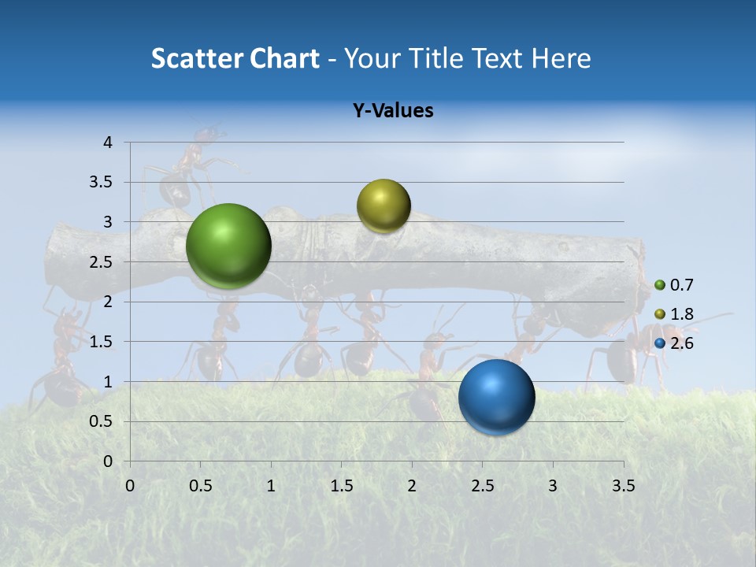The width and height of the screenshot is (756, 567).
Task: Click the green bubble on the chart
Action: pyautogui.click(x=228, y=246)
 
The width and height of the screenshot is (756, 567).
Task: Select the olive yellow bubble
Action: pyautogui.click(x=384, y=206)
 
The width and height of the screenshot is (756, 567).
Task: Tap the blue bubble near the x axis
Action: pyautogui.click(x=496, y=397)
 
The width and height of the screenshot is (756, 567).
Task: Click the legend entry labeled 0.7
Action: pyautogui.click(x=673, y=285)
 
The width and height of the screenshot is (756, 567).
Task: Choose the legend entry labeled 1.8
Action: pyautogui.click(x=673, y=314)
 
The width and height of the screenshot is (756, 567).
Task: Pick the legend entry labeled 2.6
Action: pyautogui.click(x=673, y=343)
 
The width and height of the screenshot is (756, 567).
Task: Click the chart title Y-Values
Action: pyautogui.click(x=392, y=111)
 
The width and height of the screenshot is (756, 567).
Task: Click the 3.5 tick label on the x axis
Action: pyautogui.click(x=623, y=485)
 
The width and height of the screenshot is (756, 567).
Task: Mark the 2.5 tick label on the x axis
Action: pyautogui.click(x=482, y=485)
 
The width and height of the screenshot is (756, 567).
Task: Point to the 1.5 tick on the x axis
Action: pyautogui.click(x=341, y=485)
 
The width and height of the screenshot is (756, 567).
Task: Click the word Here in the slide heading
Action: pyautogui.click(x=561, y=58)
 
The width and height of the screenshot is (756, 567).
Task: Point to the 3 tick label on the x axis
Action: pyautogui.click(x=553, y=485)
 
